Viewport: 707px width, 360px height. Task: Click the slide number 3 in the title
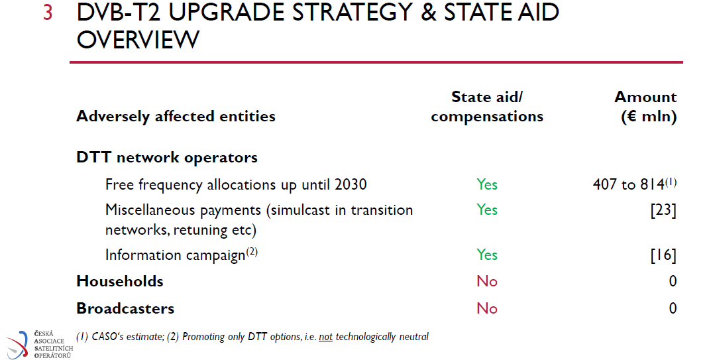pyautogui.click(x=48, y=12)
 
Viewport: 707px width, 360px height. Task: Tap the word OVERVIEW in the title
pyautogui.click(x=138, y=40)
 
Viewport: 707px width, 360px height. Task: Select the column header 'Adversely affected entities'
pyautogui.click(x=176, y=117)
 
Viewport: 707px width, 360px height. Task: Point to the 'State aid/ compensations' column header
pyautogui.click(x=487, y=107)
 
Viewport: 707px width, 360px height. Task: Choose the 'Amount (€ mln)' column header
pyautogui.click(x=646, y=107)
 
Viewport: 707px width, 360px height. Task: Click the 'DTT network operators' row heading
pyautogui.click(x=167, y=157)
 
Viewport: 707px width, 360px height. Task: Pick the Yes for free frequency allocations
pyautogui.click(x=487, y=184)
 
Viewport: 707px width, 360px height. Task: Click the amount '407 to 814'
pyautogui.click(x=629, y=184)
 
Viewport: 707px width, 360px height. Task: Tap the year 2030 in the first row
pyautogui.click(x=351, y=184)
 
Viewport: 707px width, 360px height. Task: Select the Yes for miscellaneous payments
pyautogui.click(x=487, y=210)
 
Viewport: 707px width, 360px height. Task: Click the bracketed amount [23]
pyautogui.click(x=663, y=210)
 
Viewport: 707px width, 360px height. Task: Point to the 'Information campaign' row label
pyautogui.click(x=176, y=255)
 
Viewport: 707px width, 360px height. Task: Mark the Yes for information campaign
pyautogui.click(x=487, y=255)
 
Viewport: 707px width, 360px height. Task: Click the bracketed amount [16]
pyautogui.click(x=663, y=255)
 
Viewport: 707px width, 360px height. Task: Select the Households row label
pyautogui.click(x=120, y=282)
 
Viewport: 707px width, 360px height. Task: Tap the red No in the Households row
pyautogui.click(x=487, y=282)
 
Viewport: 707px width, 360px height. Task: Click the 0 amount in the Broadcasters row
pyautogui.click(x=673, y=308)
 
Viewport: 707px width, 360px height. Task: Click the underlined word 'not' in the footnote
pyautogui.click(x=325, y=337)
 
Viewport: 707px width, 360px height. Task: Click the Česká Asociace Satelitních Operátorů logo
pyautogui.click(x=40, y=345)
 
